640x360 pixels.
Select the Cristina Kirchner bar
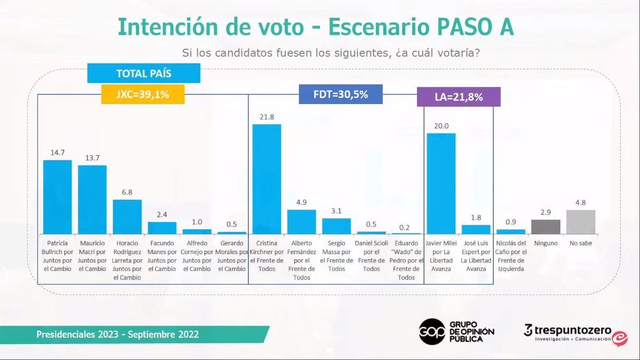[x=266, y=179]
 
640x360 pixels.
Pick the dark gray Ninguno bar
[x=546, y=227]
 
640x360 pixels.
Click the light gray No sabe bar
[x=580, y=222]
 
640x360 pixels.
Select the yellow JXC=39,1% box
[x=143, y=94]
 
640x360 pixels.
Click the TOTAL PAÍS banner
[x=144, y=74]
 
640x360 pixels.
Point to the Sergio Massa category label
[x=336, y=256]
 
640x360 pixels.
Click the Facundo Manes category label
[x=162, y=256]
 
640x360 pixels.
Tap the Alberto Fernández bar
[x=301, y=221]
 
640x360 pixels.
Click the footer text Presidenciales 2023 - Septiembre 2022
[x=117, y=334]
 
